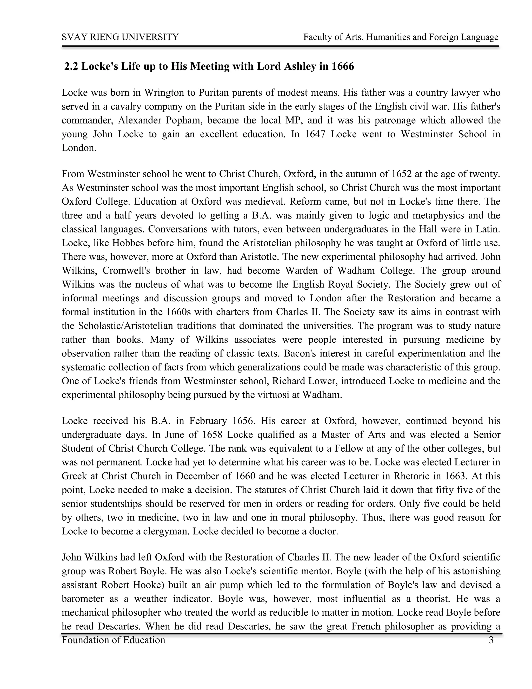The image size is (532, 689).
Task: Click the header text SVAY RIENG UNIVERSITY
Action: pyautogui.click(x=120, y=37)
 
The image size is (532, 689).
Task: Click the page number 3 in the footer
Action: pyautogui.click(x=491, y=640)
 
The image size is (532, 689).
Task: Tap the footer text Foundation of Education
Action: pyautogui.click(x=114, y=640)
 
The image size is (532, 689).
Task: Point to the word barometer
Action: pyautogui.click(x=82, y=599)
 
